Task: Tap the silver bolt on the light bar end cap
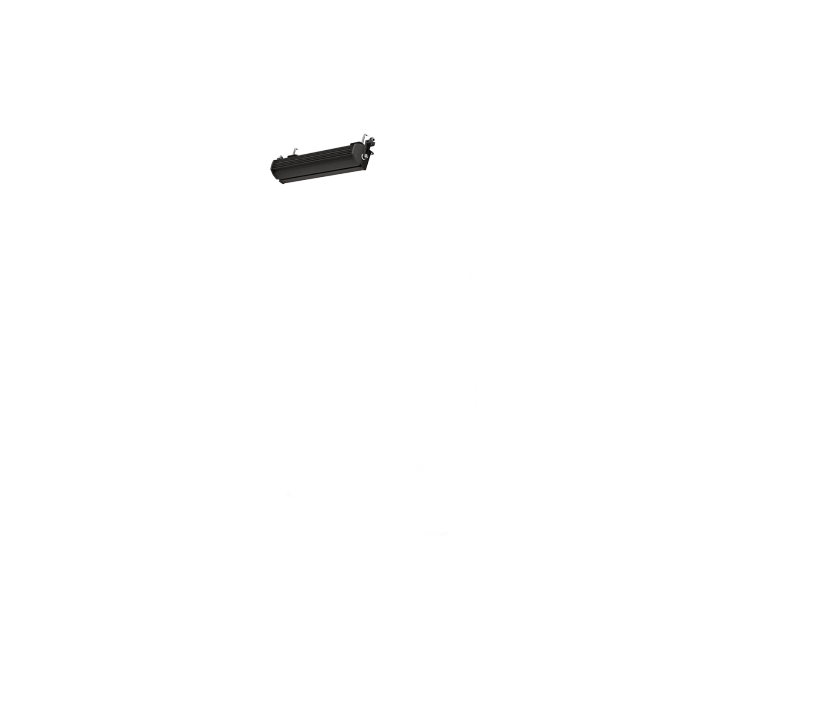point(366,157)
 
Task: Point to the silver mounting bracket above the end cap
point(366,138)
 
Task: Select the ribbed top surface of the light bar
point(316,155)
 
